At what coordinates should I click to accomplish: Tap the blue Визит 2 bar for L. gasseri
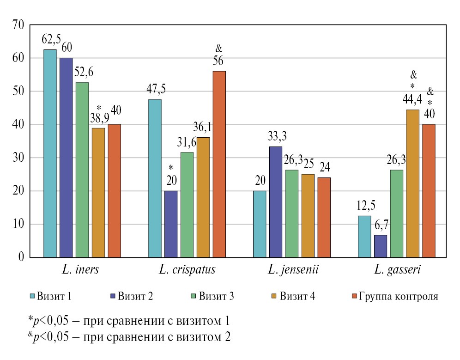[x=381, y=246]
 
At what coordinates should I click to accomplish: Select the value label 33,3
[x=276, y=137]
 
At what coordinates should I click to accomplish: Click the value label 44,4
[x=413, y=99]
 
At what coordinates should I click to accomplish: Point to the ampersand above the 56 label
[x=219, y=48]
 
